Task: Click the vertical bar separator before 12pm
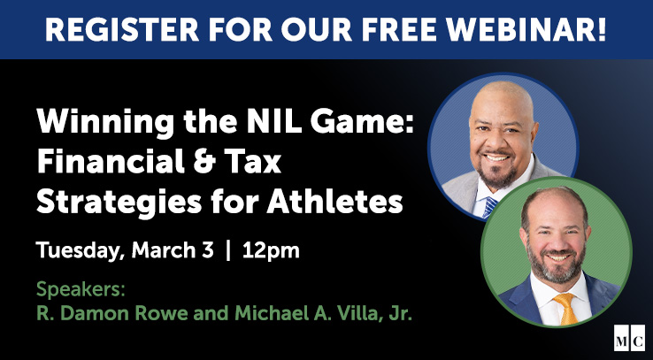(229, 250)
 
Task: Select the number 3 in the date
(207, 250)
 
